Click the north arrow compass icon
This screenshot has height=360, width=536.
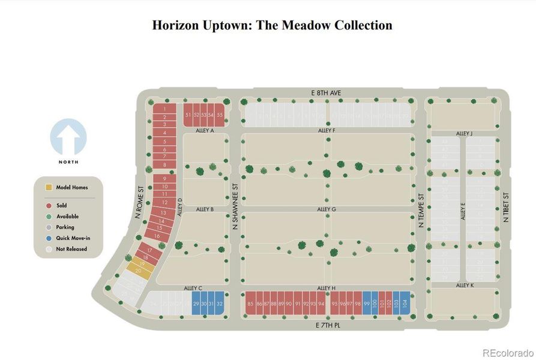(68, 137)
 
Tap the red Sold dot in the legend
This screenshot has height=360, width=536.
(49, 205)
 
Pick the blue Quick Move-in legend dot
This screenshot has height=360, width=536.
(49, 238)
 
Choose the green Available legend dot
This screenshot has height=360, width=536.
(49, 216)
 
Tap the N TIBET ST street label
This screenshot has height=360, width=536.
(506, 208)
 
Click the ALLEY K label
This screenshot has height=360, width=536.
(465, 286)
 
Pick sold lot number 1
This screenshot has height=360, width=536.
(164, 109)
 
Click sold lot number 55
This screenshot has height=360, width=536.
(220, 115)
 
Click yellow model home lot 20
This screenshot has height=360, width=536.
(139, 271)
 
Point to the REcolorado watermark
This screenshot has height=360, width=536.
(507, 352)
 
